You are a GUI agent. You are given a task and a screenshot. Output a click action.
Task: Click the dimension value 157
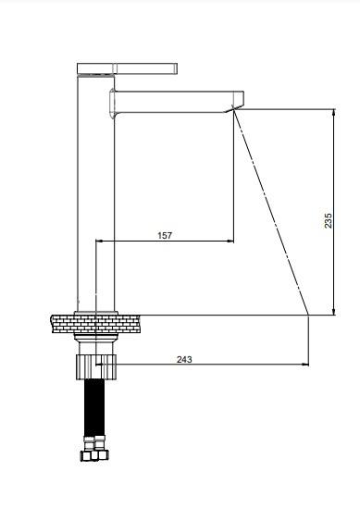click(165, 235)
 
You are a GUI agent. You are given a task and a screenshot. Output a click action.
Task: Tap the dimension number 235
click(328, 220)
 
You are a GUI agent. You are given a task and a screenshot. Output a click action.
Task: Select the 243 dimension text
click(184, 359)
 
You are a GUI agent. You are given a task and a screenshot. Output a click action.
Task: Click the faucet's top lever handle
click(127, 68)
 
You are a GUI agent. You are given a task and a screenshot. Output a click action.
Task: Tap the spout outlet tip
click(234, 109)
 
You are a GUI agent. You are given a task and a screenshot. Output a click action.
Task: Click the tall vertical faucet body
click(96, 192)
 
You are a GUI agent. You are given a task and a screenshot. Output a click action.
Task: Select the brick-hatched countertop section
click(95, 323)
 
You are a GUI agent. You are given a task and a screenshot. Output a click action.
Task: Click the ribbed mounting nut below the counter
click(96, 366)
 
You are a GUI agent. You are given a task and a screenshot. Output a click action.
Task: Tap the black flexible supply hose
click(94, 408)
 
